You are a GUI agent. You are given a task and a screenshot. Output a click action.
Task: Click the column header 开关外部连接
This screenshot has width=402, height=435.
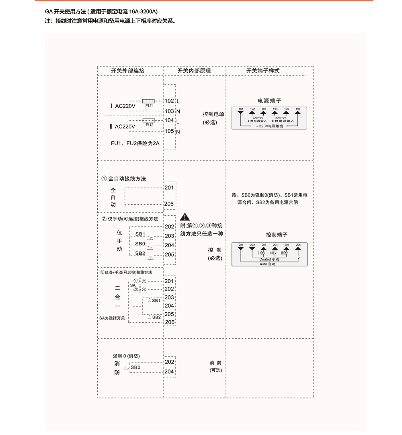[128, 71]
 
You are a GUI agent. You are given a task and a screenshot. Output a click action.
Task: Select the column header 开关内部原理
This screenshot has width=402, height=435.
[194, 71]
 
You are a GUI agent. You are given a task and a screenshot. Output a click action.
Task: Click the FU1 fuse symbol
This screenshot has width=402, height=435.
[149, 101]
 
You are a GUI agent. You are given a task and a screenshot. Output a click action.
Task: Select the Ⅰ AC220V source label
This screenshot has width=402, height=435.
[123, 106]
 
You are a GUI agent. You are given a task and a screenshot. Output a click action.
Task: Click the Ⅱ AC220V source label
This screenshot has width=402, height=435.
[122, 126]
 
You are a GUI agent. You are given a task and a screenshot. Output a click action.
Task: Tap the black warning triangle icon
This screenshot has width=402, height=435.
[185, 217]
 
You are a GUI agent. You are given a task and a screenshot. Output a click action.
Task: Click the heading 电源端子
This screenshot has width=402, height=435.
[269, 101]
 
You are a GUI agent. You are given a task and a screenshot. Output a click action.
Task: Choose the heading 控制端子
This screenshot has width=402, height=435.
[277, 235]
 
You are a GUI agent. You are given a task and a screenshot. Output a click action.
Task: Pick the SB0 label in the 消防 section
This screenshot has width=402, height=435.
[135, 367]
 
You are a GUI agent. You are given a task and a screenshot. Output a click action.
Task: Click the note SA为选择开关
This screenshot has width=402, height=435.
[112, 318]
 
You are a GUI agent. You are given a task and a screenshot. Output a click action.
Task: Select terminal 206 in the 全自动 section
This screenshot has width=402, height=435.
[169, 204]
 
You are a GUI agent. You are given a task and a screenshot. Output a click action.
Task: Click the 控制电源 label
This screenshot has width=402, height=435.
[213, 114]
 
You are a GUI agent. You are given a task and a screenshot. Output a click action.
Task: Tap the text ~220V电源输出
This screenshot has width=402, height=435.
[269, 126]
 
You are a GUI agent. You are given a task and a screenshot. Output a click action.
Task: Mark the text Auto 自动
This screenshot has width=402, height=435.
[269, 264]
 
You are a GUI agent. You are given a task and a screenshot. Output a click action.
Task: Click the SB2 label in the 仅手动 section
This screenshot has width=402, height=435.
[140, 253]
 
